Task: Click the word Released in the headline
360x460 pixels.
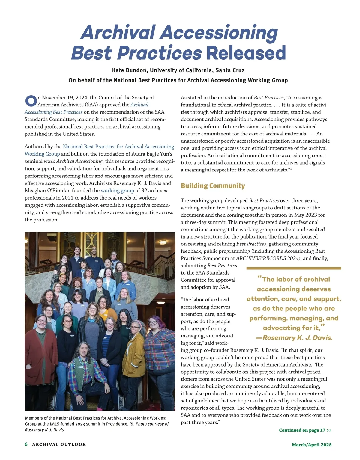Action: (x=246, y=53)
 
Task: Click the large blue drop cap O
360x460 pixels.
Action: (x=31, y=101)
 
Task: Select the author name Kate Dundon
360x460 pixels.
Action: (x=130, y=70)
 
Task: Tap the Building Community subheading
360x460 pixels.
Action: (x=213, y=186)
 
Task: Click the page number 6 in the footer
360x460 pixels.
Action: (x=26, y=444)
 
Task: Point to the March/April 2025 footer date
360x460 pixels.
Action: (x=312, y=444)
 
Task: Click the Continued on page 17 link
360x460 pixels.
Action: (x=305, y=430)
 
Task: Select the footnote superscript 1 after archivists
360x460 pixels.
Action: (x=291, y=169)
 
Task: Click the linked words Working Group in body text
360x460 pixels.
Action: (x=42, y=154)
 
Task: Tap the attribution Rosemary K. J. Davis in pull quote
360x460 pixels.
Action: (x=297, y=338)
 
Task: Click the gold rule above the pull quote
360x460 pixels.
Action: (x=294, y=268)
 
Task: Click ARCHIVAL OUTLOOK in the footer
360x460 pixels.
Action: (x=59, y=444)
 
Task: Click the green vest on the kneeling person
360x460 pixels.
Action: (x=81, y=366)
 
